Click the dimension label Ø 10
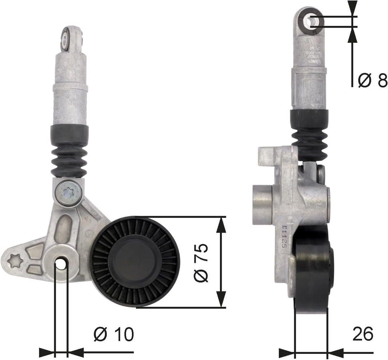(x=114, y=334)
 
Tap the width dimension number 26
(x=362, y=334)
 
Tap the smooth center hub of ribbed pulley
(x=135, y=261)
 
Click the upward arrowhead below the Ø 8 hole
(x=352, y=35)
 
